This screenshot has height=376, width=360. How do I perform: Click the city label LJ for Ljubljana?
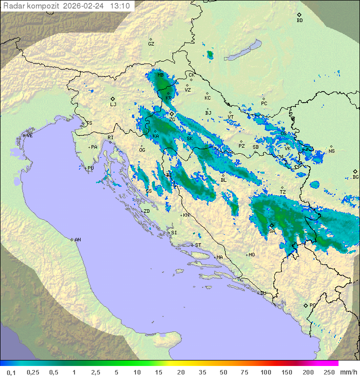tap(113, 105)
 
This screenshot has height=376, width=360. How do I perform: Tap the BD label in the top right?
tap(299, 21)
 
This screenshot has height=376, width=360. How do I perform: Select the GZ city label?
tap(151, 44)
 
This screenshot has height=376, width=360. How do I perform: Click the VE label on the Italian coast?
tap(29, 136)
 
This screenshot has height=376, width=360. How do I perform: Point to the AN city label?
tap(77, 240)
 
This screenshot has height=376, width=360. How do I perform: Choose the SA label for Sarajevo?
tap(272, 231)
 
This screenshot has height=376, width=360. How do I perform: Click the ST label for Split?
tap(198, 245)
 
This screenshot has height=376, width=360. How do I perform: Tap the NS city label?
tap(331, 151)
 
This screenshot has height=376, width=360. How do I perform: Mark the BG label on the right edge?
tap(355, 177)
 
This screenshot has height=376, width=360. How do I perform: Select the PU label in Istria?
tap(90, 168)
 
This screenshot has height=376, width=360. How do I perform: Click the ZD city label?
tap(146, 211)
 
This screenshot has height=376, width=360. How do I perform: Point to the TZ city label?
tap(283, 192)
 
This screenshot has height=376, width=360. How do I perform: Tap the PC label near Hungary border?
tap(264, 104)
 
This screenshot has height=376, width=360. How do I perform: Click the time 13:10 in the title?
tap(120, 6)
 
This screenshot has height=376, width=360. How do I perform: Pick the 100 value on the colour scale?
tap(265, 372)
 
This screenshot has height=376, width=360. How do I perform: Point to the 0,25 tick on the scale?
tap(33, 372)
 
